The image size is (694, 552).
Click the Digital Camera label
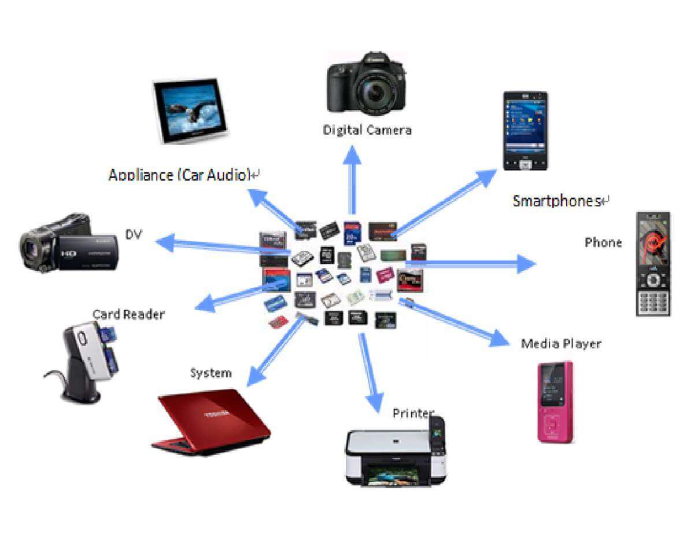pos(367,130)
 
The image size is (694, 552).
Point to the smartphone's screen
pos(525,124)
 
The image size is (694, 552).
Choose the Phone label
pos(603,242)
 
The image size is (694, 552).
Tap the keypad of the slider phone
pos(654,299)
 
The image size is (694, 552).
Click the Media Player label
pos(561,344)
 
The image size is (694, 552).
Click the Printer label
pos(413,413)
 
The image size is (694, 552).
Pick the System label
pos(211,373)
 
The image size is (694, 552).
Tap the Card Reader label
pos(128,314)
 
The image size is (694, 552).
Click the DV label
pos(134,234)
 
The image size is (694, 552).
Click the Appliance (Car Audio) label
pos(179,174)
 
